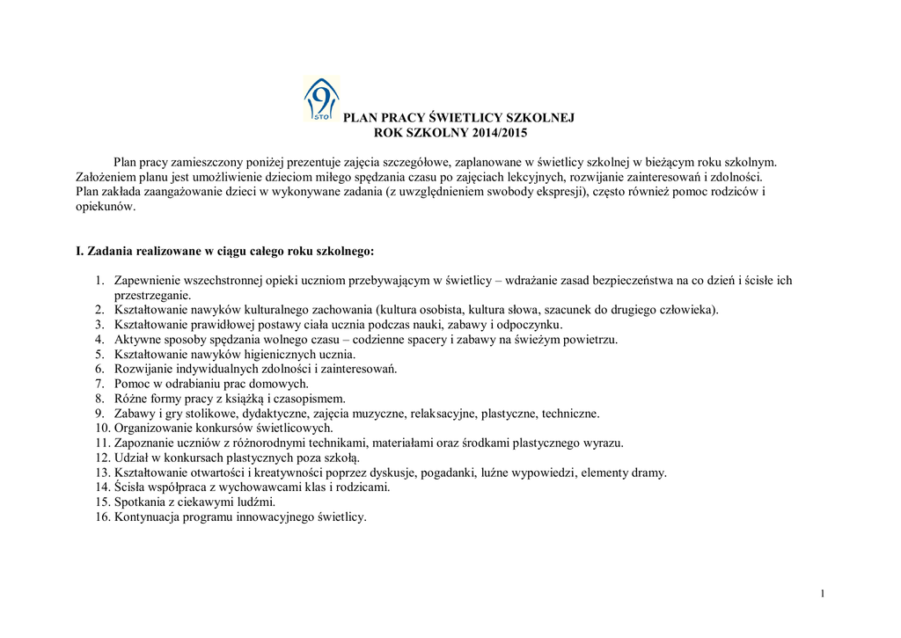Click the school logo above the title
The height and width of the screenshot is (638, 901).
pos(320,99)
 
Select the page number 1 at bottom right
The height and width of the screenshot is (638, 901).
pos(822,594)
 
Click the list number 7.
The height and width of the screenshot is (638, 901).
pos(100,384)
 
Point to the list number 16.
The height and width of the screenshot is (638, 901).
pos(100,517)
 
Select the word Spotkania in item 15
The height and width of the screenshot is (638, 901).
pos(140,502)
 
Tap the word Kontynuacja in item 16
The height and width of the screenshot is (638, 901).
pos(147,517)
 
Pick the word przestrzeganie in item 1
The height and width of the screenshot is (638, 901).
pos(151,295)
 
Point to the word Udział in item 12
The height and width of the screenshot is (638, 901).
pos(130,458)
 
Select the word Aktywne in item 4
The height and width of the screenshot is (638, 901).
pos(136,339)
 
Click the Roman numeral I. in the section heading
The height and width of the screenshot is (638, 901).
pos(80,251)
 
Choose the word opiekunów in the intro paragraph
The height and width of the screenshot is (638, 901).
pos(105,208)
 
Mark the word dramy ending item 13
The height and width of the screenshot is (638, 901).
pos(649,473)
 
